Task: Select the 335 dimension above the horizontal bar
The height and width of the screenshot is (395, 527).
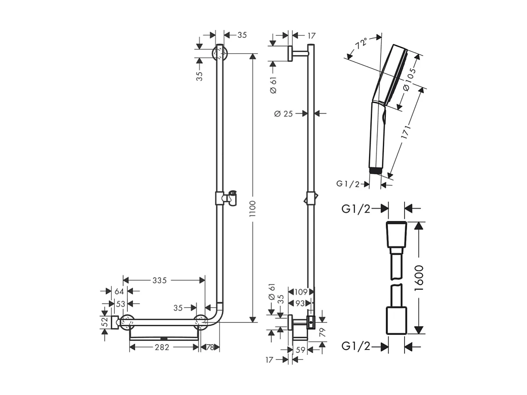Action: (x=159, y=281)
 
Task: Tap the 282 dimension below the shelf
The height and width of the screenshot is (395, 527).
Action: (x=162, y=347)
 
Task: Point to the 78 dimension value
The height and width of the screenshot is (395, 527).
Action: (x=210, y=347)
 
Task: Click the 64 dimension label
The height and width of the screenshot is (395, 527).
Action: (x=120, y=291)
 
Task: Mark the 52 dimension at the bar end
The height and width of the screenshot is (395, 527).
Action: (x=104, y=323)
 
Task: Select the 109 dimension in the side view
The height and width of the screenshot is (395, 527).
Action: (x=300, y=292)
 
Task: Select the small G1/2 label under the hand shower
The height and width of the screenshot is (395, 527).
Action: (x=348, y=184)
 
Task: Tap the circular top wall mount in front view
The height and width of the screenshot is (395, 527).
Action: (x=220, y=54)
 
